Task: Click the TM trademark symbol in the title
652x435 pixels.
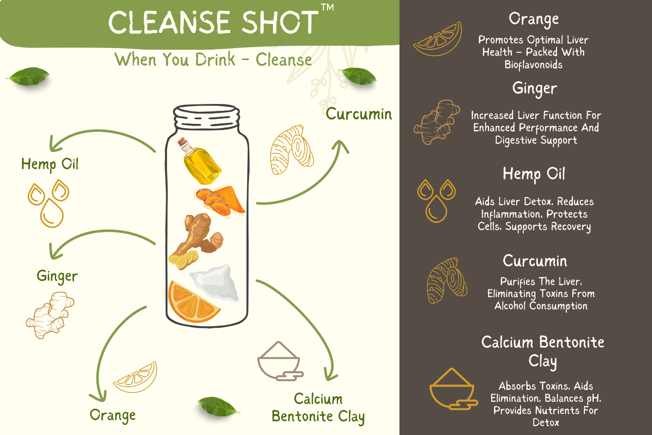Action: click(x=327, y=7)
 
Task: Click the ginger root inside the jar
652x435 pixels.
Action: click(x=196, y=241)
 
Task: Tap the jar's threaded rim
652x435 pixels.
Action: click(x=206, y=117)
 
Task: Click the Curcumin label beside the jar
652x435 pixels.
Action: click(x=359, y=114)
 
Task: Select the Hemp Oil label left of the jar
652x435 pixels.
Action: click(x=50, y=164)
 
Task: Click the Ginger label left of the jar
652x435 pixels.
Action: click(x=57, y=276)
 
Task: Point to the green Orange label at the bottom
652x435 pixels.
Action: click(x=113, y=415)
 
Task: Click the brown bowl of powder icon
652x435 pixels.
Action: click(x=280, y=361)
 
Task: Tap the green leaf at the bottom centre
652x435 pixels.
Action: click(x=218, y=406)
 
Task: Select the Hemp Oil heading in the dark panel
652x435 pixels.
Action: click(x=534, y=174)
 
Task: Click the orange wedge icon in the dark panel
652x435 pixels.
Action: click(x=438, y=39)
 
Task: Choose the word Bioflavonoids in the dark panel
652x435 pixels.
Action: click(x=533, y=65)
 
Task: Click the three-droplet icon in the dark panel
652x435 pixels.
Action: click(x=436, y=201)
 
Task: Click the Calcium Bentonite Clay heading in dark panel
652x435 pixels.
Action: click(x=542, y=351)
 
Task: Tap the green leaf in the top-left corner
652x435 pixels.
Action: click(x=28, y=76)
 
